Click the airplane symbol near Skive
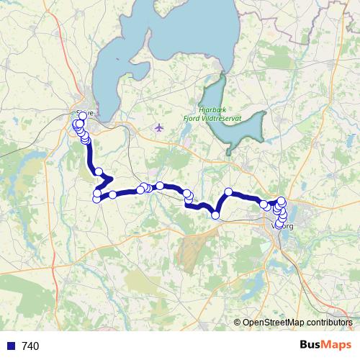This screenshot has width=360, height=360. (x=159, y=128)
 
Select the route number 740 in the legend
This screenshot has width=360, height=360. (x=30, y=346)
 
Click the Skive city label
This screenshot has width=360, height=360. (x=86, y=112)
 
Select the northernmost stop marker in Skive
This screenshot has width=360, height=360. (x=83, y=116)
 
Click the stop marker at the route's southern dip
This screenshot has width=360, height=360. (x=215, y=215)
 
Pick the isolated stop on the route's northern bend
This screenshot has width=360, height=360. (x=228, y=192)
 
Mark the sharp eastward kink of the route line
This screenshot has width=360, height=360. (x=109, y=178)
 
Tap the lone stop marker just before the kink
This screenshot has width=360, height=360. (x=99, y=171)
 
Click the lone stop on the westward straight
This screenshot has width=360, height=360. (x=113, y=194)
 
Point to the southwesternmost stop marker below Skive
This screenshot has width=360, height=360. (x=96, y=199)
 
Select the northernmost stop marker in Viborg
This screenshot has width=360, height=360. (x=282, y=201)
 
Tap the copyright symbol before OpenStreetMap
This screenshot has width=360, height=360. (x=238, y=323)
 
